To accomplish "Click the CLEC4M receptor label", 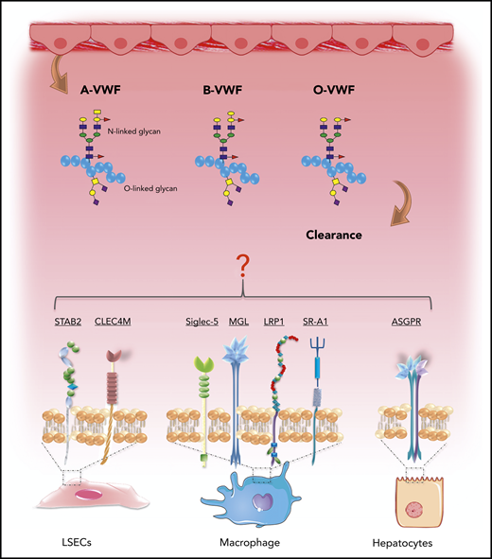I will [x=117, y=323].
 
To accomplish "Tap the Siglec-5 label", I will [x=203, y=323].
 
